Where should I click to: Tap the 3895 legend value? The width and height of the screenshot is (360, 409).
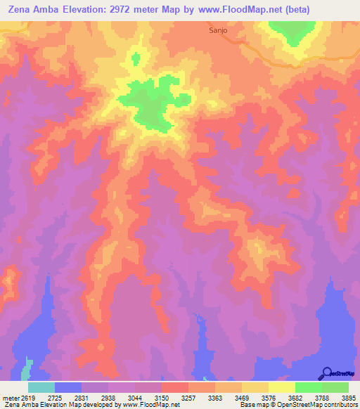click(x=349, y=398)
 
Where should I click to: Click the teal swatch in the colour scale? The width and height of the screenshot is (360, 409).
click(x=41, y=387)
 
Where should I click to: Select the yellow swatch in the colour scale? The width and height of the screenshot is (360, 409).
click(x=282, y=387)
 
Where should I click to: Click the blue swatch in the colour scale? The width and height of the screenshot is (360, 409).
click(x=68, y=387)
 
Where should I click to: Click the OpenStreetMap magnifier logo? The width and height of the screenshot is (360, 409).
click(x=327, y=373)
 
